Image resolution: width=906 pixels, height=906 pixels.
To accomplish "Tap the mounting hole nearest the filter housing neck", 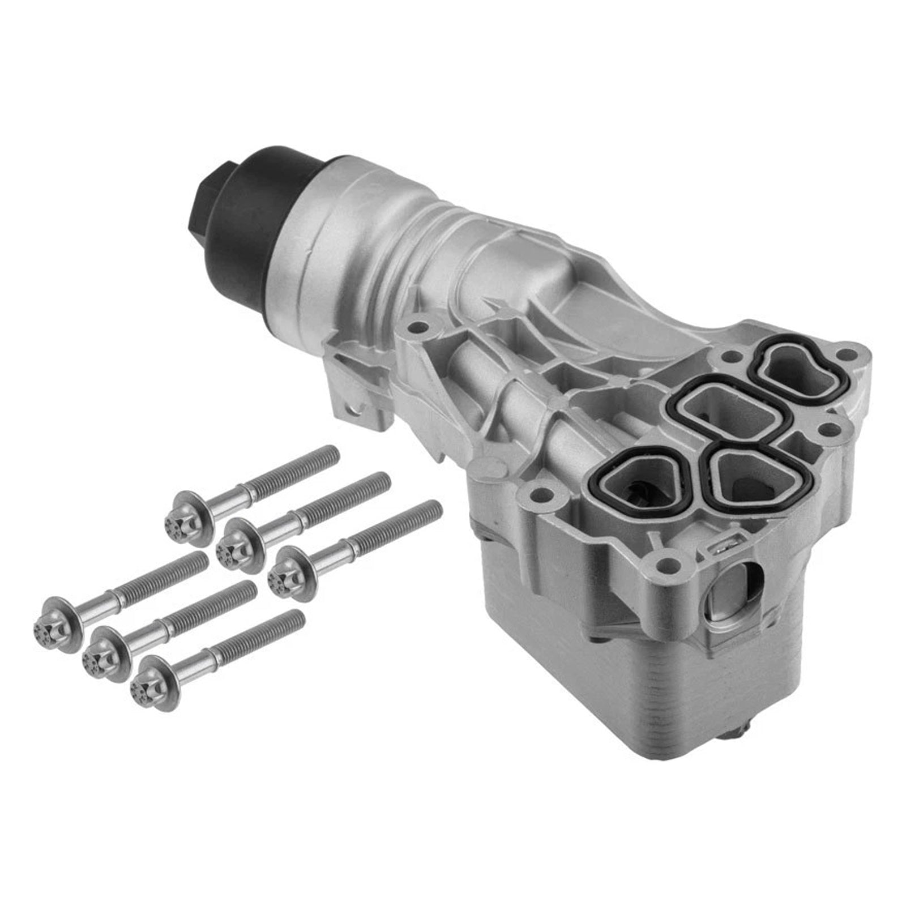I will coord(417,327).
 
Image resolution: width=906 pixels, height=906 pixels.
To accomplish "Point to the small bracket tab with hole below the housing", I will coord(354,405).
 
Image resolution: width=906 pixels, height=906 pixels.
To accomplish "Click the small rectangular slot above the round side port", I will coord(721,547).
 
